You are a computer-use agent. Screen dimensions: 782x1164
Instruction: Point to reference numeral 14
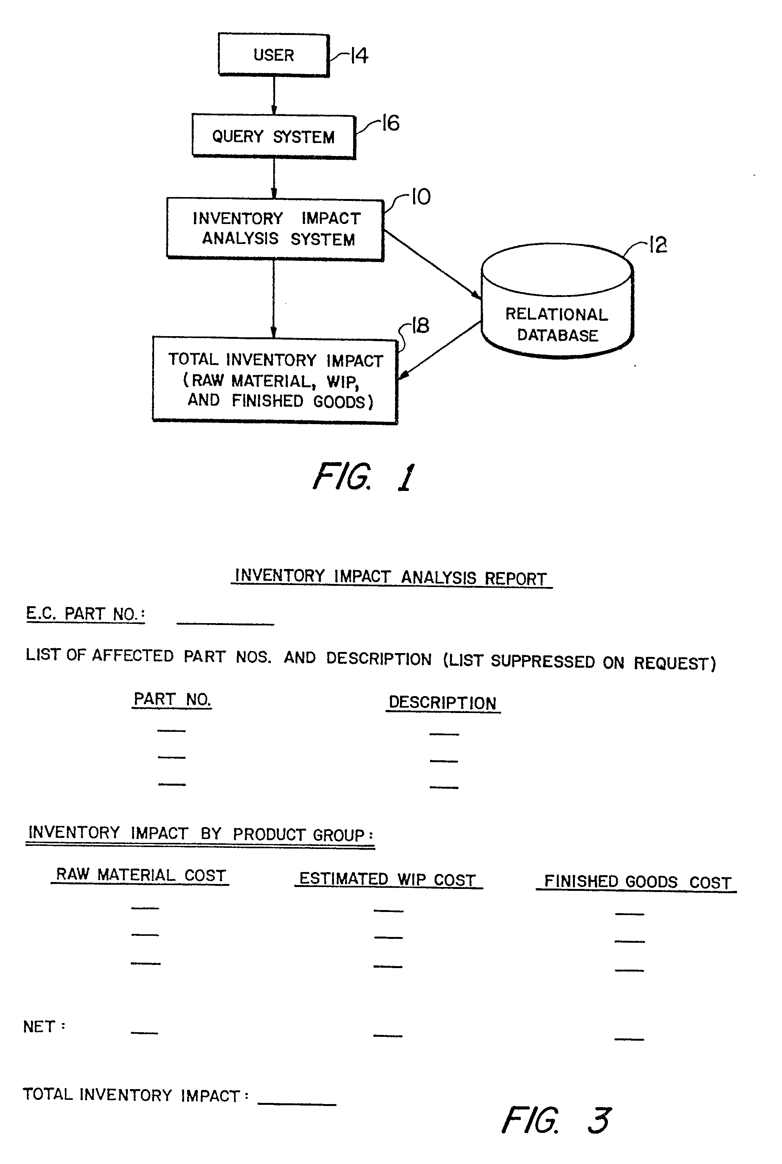[359, 55]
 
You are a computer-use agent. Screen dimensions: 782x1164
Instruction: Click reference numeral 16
[390, 123]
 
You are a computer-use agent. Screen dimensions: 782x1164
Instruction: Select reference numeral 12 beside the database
[658, 245]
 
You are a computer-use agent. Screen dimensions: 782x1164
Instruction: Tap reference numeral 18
[420, 325]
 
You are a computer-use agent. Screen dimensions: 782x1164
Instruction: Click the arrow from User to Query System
[274, 96]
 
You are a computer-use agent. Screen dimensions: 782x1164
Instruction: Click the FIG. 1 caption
[364, 477]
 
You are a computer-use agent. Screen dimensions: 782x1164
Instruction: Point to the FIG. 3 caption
[556, 1120]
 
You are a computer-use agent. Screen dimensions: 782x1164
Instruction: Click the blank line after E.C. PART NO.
[226, 623]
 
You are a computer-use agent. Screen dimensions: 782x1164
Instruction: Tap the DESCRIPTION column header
[443, 703]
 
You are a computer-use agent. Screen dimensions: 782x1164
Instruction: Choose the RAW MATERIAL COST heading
[140, 875]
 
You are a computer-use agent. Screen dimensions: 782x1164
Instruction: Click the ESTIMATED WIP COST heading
[388, 879]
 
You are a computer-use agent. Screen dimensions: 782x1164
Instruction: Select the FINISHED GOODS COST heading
[636, 882]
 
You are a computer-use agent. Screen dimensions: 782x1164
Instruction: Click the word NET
[39, 1026]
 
